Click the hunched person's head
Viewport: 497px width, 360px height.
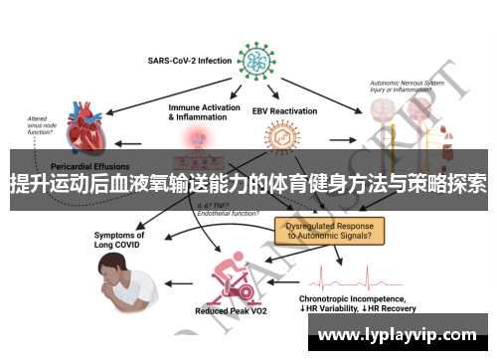109,264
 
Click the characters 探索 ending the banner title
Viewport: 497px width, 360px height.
465,183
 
